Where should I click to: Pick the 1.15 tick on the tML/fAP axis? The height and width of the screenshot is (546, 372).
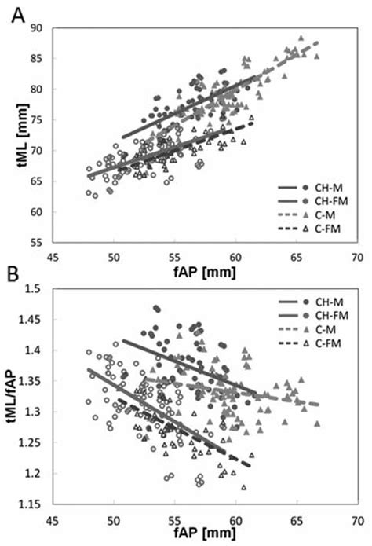point(31,504)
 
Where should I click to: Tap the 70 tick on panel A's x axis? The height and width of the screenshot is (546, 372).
point(357,255)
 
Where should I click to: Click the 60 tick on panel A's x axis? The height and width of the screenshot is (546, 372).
point(235,255)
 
